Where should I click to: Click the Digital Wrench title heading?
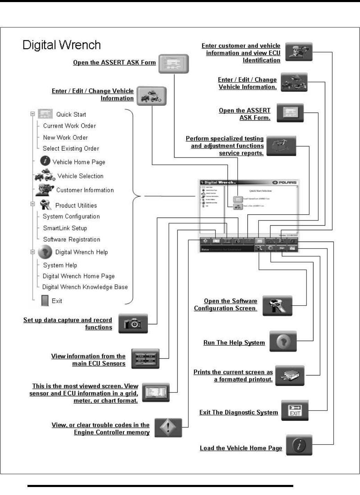point(62,45)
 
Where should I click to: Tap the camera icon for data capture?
point(133,324)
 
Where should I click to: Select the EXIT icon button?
point(295,410)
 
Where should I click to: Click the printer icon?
point(290,375)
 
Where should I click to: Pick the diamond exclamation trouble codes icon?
point(168,428)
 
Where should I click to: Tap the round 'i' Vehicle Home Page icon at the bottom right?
point(299,445)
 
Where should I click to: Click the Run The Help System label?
point(234,343)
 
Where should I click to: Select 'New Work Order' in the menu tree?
point(65,138)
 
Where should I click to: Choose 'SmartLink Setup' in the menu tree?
point(65,228)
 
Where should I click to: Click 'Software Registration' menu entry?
point(72,240)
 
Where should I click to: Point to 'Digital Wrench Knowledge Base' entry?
point(85,287)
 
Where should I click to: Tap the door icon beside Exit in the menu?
point(45,301)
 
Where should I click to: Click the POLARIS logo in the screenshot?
point(284,182)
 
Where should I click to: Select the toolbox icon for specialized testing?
point(281,146)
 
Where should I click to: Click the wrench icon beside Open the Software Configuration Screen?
point(277,306)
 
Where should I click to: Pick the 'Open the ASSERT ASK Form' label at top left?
point(114,63)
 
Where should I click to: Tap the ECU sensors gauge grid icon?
point(145,359)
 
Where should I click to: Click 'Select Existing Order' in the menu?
point(71,149)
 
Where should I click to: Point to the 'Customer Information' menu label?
point(85,190)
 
